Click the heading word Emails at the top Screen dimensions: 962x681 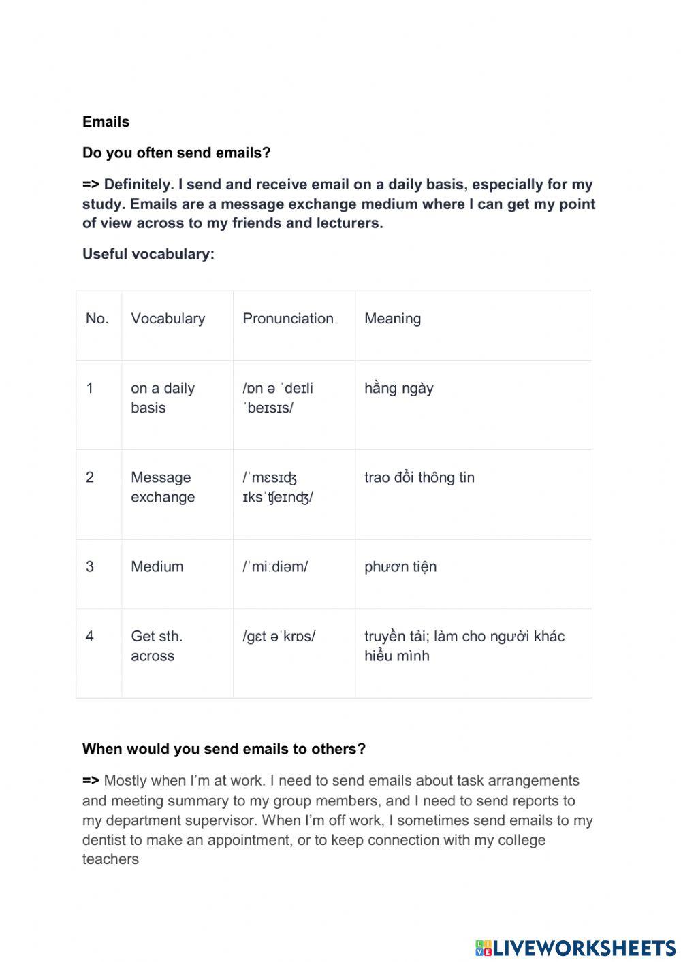coord(106,122)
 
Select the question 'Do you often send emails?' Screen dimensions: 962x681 coord(176,153)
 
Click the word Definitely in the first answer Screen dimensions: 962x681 coord(138,185)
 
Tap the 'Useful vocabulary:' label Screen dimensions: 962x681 coord(148,254)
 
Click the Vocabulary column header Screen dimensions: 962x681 coord(168,319)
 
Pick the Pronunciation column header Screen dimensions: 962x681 coord(288,319)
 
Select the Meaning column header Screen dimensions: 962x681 coord(392,319)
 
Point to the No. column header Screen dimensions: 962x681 coord(97,319)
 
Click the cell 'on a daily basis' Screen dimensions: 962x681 coord(163,398)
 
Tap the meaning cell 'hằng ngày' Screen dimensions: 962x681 coord(398,388)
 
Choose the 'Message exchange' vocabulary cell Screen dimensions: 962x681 coord(163,487)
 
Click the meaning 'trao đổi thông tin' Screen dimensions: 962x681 coord(419,477)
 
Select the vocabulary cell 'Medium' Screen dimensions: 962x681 coord(157,566)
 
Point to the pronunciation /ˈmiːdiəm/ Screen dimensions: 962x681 coord(275,566)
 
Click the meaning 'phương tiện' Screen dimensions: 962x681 coord(400,566)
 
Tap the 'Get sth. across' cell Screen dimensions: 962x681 coord(157,645)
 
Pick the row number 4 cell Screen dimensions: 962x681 coord(90,636)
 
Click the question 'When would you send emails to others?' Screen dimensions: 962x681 coord(224,749)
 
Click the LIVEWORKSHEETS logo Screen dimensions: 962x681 coord(575,947)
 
